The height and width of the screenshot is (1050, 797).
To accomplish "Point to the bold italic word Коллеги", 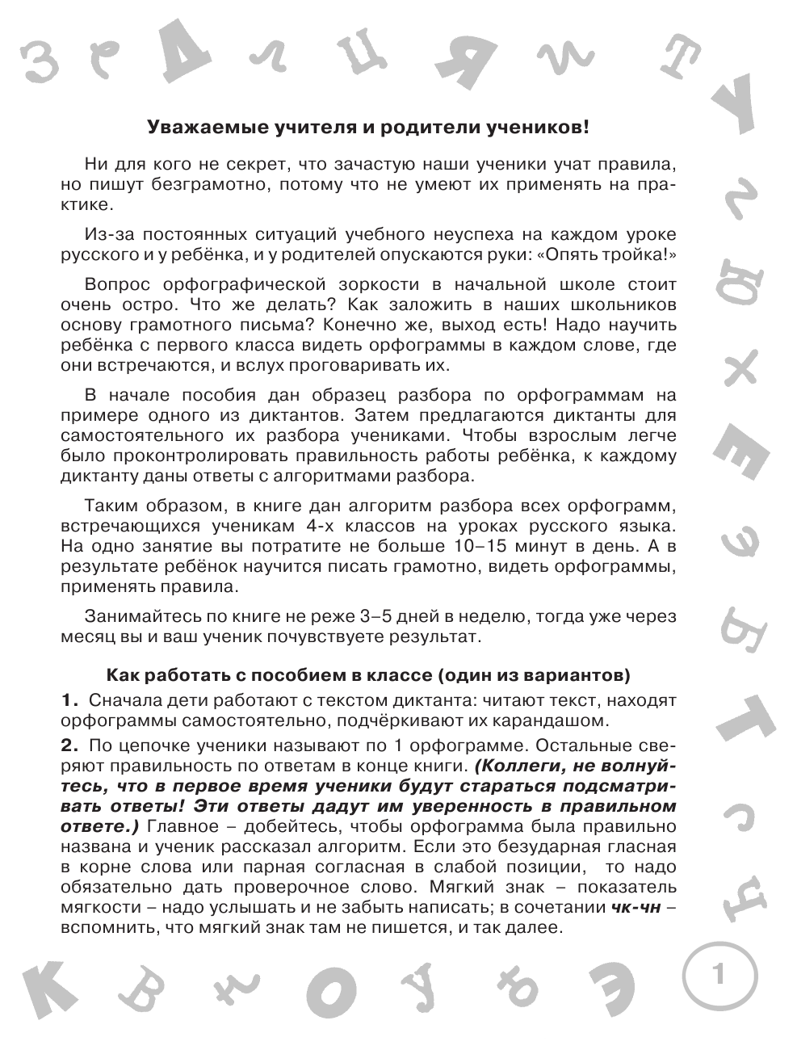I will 513,764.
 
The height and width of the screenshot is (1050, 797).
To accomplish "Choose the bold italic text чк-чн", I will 636,907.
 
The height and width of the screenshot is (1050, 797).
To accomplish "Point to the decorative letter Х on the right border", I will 739,364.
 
